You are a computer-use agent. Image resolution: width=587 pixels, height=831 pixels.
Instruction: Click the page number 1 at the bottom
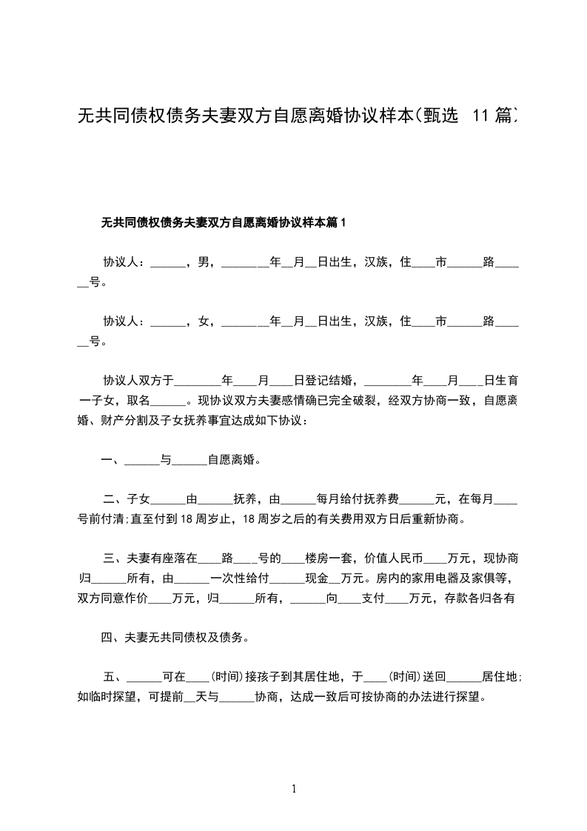(294, 789)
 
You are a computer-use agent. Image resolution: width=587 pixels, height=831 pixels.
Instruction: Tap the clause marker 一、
(112, 460)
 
